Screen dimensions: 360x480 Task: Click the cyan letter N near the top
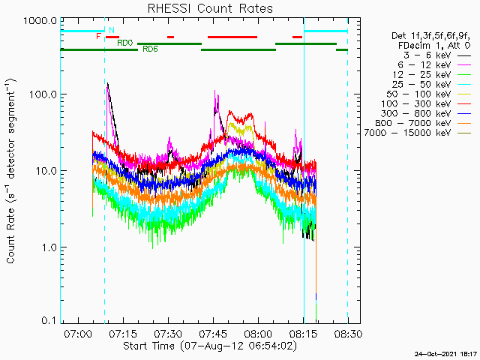coord(112,30)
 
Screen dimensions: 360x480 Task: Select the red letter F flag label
coord(98,36)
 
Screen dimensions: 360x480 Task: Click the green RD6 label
coord(150,49)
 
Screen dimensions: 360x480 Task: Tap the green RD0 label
coord(125,43)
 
